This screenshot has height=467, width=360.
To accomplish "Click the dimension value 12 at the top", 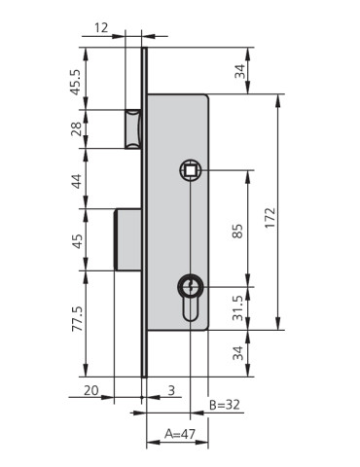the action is coord(101,27).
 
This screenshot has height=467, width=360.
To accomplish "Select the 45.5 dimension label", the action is coord(76,82).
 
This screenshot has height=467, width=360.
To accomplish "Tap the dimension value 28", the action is coord(76,128).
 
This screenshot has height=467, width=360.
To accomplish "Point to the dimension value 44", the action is coord(77,181).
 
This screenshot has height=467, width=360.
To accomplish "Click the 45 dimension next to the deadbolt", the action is coord(77,241).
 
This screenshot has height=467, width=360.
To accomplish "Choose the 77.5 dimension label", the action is coord(78,319).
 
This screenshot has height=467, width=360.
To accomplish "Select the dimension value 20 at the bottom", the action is coord(90,390).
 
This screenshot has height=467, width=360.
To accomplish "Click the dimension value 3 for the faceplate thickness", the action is coord(171,390).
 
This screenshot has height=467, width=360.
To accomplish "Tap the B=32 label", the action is coord(225,405).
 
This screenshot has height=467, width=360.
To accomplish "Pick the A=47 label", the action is coord(180,434).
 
